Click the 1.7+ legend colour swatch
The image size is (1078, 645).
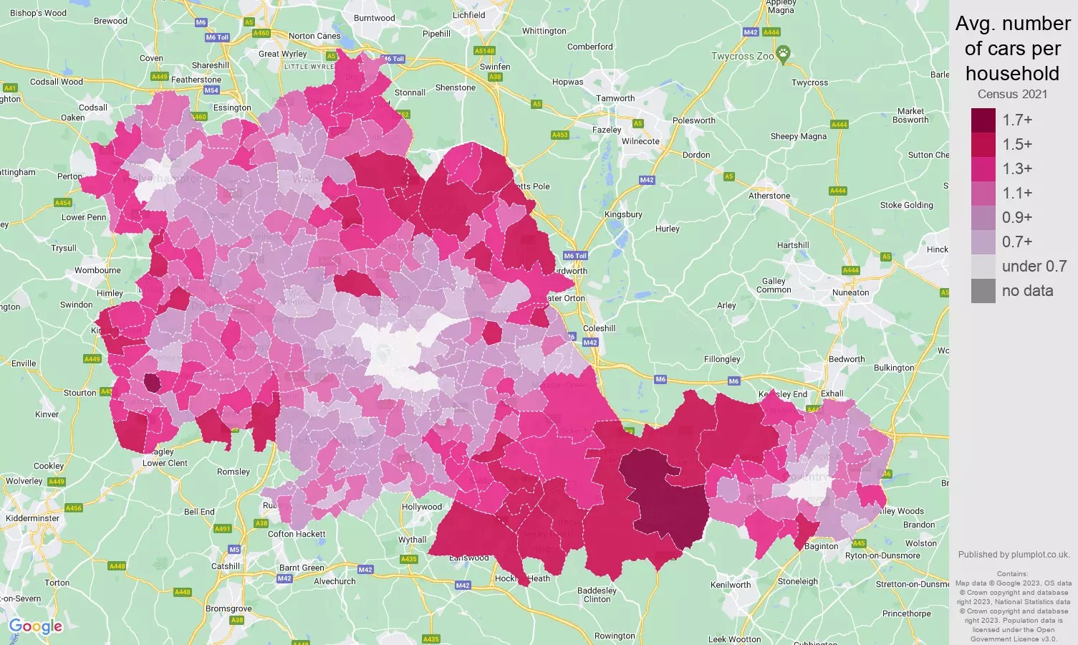click(983, 120)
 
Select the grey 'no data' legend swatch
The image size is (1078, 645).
click(983, 291)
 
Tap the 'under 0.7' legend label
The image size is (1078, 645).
click(1034, 267)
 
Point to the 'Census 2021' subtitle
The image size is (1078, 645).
click(1012, 95)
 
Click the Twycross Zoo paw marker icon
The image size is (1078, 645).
click(784, 53)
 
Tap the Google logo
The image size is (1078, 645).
click(36, 627)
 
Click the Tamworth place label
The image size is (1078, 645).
click(615, 98)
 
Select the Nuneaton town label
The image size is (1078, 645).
click(850, 292)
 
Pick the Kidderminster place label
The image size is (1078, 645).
click(33, 518)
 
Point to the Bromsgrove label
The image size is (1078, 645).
click(228, 608)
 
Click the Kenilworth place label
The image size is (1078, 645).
click(731, 585)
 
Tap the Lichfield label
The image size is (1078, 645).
click(469, 15)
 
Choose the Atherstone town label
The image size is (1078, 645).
click(769, 196)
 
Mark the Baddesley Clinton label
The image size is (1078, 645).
click(597, 595)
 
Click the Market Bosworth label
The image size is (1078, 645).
click(910, 115)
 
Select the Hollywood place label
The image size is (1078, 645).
click(422, 507)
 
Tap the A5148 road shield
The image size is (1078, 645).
click(484, 51)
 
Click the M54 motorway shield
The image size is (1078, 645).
click(211, 90)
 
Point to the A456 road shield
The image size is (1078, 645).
click(74, 508)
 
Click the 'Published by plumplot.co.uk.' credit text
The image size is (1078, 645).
click(1014, 555)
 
